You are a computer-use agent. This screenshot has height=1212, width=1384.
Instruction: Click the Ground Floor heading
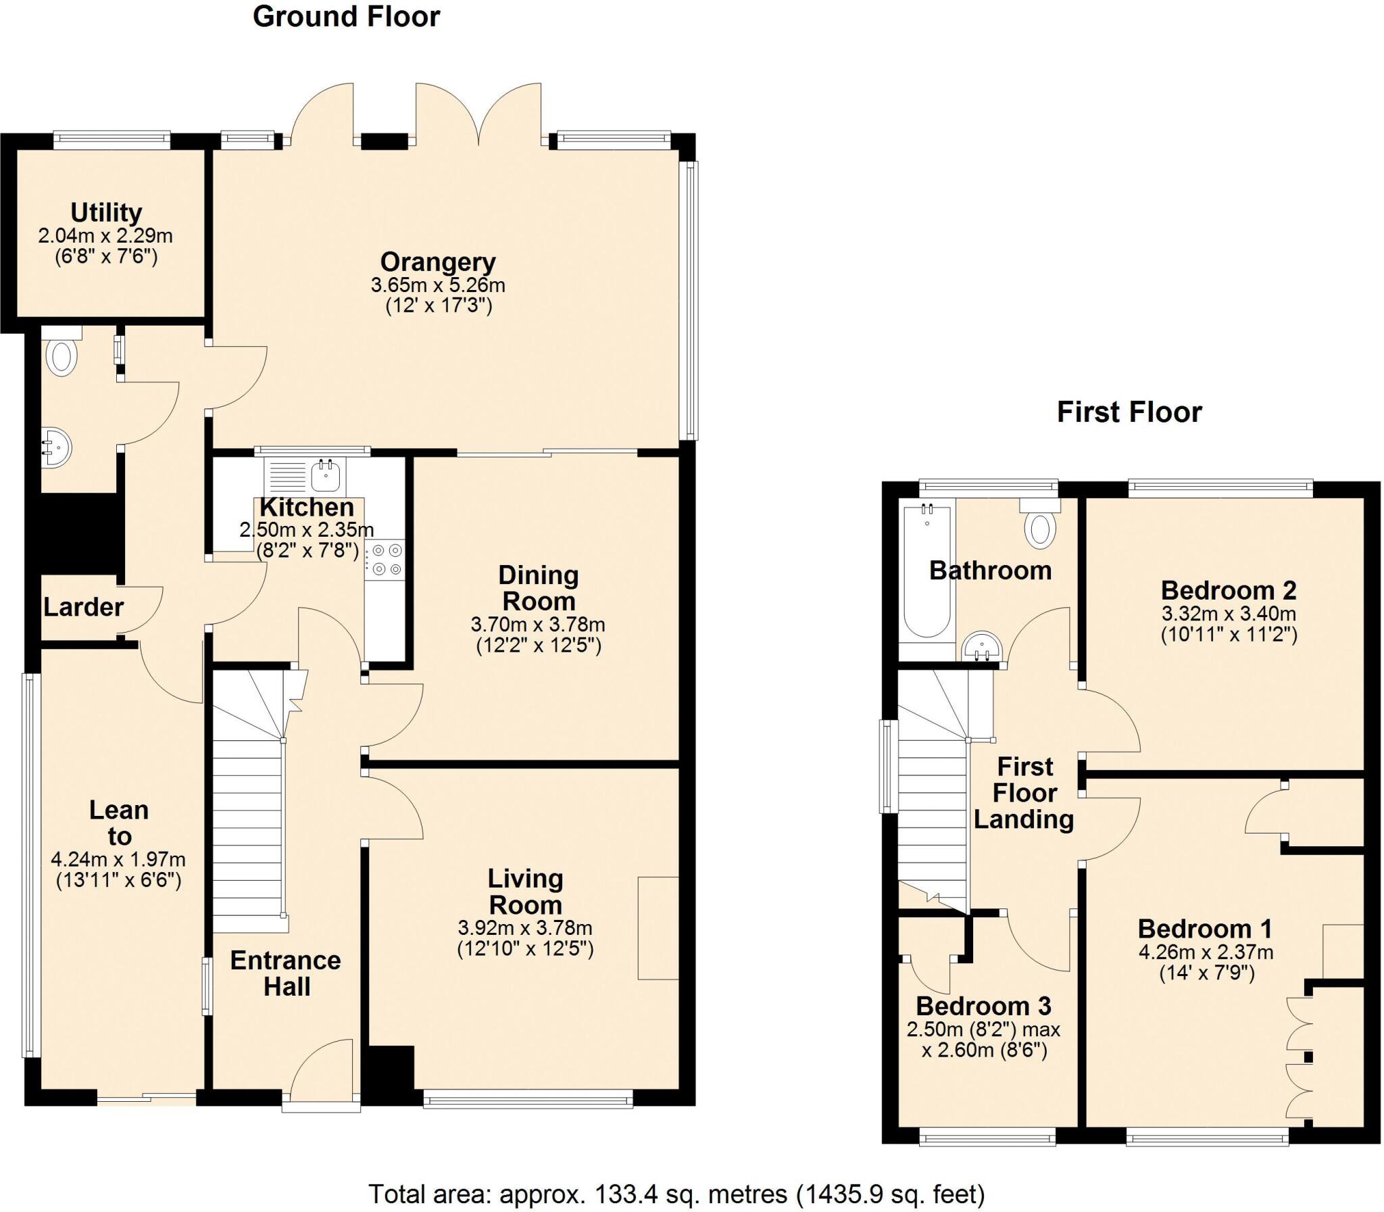click(346, 17)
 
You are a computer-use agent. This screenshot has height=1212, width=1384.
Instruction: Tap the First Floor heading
click(1129, 412)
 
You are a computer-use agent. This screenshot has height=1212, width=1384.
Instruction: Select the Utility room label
click(106, 213)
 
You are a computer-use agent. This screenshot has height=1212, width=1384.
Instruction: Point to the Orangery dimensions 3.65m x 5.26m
click(437, 285)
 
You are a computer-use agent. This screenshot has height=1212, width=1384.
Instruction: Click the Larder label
click(83, 608)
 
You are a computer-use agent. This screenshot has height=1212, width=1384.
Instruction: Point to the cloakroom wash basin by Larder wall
click(57, 447)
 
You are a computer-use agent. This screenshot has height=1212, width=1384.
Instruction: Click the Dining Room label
click(538, 587)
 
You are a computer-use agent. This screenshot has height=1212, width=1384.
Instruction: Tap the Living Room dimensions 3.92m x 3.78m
click(524, 927)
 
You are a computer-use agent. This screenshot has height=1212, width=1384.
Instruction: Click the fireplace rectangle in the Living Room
click(658, 927)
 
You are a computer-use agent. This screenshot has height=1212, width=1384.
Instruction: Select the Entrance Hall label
click(285, 973)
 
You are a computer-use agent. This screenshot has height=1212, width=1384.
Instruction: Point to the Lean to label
click(119, 823)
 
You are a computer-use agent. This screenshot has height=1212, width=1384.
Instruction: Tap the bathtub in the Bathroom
click(926, 571)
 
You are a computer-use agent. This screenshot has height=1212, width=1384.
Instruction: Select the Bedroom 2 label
click(1228, 590)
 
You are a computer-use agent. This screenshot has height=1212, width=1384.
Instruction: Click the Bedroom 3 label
click(983, 1006)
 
